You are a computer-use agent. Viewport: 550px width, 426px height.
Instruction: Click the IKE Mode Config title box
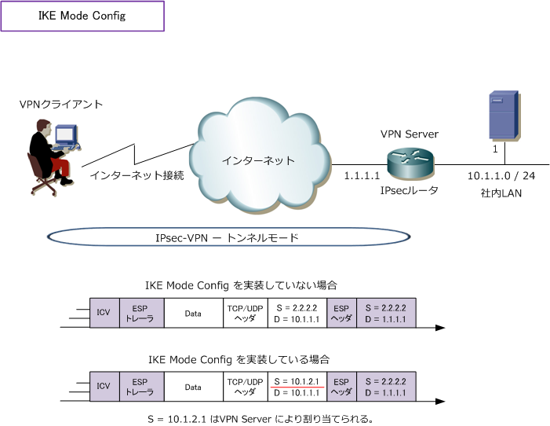82,16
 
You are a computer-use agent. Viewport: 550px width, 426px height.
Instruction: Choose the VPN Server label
409,134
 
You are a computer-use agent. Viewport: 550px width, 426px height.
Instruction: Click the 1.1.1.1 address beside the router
361,178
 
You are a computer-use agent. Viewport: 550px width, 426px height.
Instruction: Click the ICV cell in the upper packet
103,312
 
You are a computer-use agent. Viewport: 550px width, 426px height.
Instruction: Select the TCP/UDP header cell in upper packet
244,312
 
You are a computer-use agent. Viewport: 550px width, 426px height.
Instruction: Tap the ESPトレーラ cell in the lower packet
141,386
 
